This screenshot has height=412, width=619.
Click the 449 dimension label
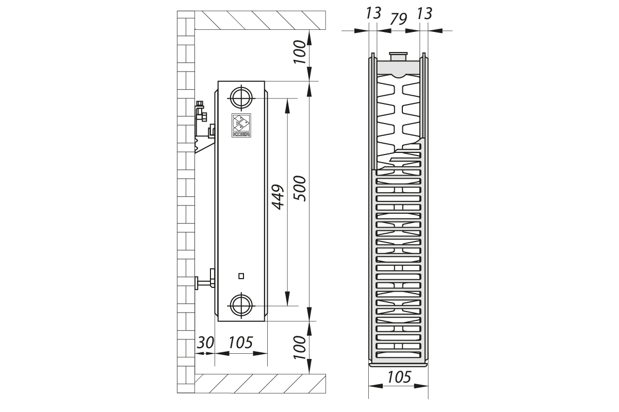point(278,197)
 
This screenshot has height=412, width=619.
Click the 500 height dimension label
point(300,188)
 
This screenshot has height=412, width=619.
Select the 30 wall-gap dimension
point(205,343)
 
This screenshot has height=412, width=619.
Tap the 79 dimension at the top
point(398,19)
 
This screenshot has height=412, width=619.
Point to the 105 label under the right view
point(399,377)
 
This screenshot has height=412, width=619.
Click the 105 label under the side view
point(240,343)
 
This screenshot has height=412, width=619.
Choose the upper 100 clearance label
point(300,52)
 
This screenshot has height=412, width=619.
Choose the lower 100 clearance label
point(300,348)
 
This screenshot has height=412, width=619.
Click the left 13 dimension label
point(373,13)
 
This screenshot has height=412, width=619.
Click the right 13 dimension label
point(425,13)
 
